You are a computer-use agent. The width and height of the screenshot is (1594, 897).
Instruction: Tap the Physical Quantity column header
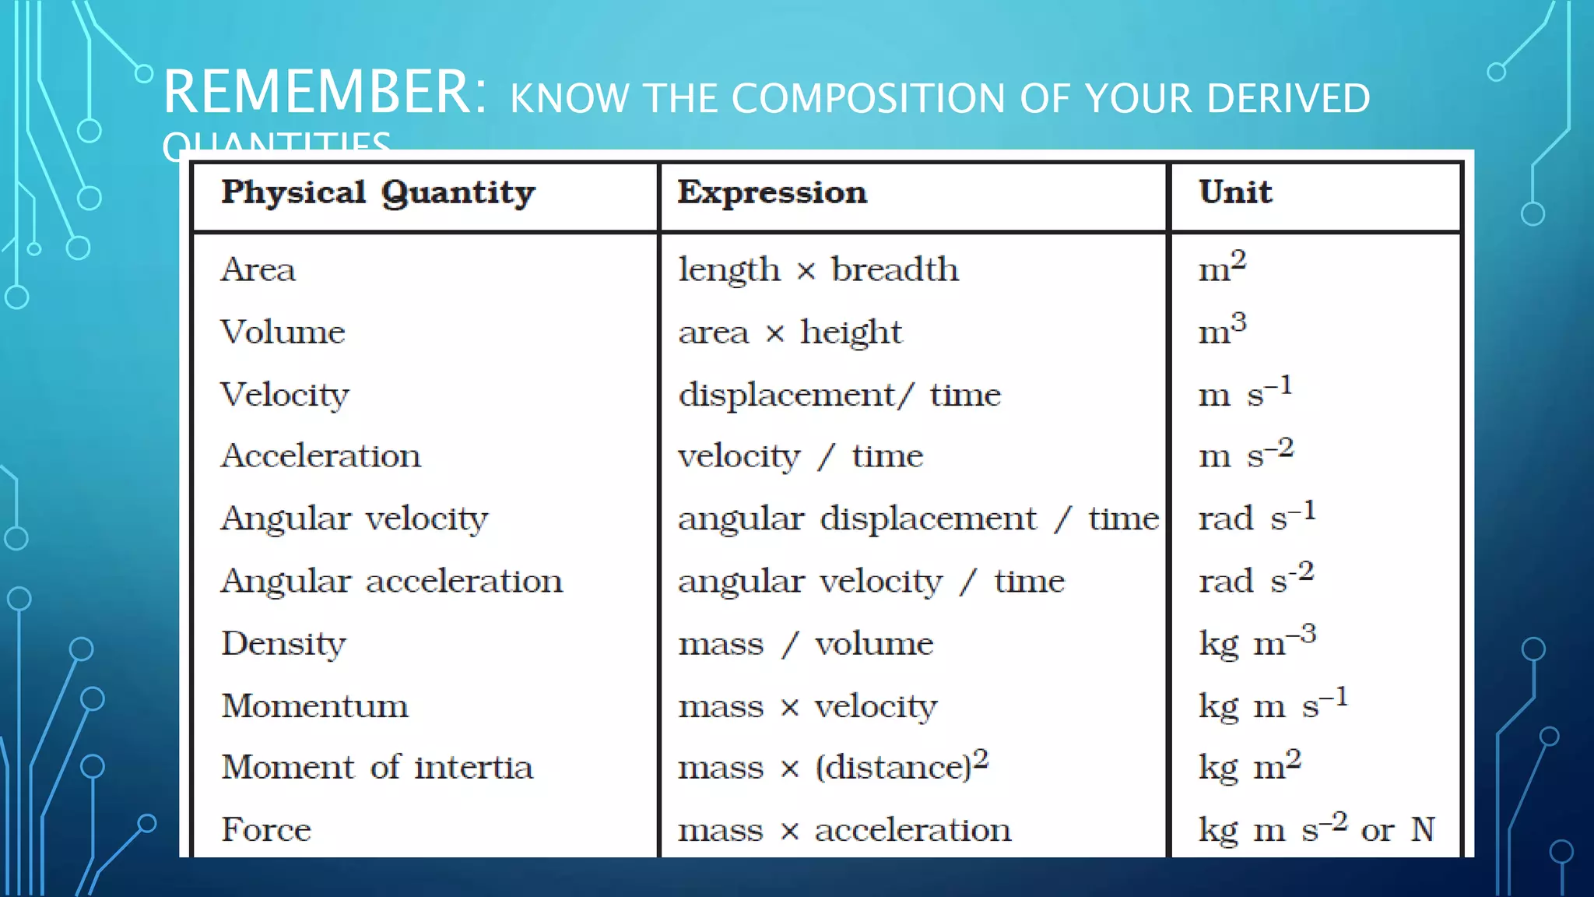pyautogui.click(x=378, y=193)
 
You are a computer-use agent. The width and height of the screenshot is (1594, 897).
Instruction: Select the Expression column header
pyautogui.click(x=771, y=192)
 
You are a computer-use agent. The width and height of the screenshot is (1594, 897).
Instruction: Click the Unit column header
pyautogui.click(x=1235, y=192)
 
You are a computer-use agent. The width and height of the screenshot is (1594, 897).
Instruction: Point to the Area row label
pyautogui.click(x=258, y=270)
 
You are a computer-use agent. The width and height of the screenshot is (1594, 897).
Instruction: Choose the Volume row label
pyautogui.click(x=283, y=332)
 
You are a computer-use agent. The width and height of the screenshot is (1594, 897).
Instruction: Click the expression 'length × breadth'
pyautogui.click(x=818, y=270)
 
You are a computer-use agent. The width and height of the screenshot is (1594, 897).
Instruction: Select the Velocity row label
pyautogui.click(x=285, y=395)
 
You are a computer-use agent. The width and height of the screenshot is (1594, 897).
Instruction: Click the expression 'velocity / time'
pyautogui.click(x=800, y=456)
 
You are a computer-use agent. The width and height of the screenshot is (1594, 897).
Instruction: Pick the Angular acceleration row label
pyautogui.click(x=391, y=582)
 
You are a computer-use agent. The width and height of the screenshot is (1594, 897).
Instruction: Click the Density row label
pyautogui.click(x=283, y=644)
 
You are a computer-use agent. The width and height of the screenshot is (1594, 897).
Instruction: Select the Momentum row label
pyautogui.click(x=314, y=706)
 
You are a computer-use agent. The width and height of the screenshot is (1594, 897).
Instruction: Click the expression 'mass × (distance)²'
pyautogui.click(x=832, y=767)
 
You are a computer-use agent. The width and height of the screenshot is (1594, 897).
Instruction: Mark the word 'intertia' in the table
pyautogui.click(x=473, y=768)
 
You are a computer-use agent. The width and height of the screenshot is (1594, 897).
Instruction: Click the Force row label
pyautogui.click(x=266, y=830)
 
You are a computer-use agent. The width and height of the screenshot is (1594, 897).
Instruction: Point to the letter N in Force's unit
pyautogui.click(x=1423, y=830)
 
